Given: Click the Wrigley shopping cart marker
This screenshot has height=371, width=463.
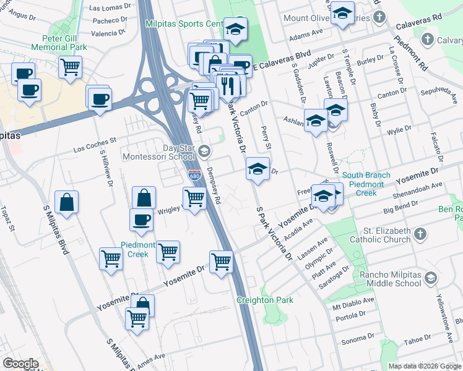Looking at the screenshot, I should (x=194, y=198).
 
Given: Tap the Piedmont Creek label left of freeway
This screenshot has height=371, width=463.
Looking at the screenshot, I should (x=141, y=249).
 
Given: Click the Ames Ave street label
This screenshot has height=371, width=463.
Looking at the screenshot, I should (x=151, y=358).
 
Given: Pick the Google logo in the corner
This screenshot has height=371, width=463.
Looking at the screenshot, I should (x=20, y=364).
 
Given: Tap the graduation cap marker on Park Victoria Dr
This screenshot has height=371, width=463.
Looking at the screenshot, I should (x=257, y=168).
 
